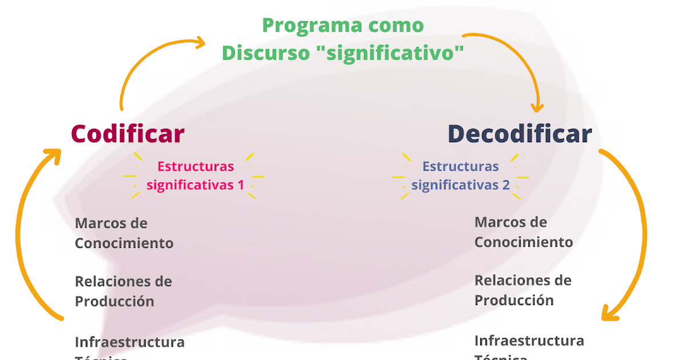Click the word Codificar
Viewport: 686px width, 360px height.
pos(127,134)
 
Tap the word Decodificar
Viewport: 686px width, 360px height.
pos(519,134)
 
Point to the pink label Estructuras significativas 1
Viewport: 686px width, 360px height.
pos(196,175)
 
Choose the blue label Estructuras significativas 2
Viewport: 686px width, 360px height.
pos(460,175)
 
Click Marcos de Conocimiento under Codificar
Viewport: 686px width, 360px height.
pos(124,233)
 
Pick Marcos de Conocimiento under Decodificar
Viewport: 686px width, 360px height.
pos(524,231)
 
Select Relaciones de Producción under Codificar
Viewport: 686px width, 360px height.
pos(123,291)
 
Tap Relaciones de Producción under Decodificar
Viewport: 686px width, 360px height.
pos(523,290)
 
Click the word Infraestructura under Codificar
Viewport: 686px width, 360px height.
pos(130,342)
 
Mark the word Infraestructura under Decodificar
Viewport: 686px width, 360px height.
pos(529,341)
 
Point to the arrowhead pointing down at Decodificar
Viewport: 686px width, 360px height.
pos(537,106)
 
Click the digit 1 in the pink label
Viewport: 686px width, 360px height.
pos(241,185)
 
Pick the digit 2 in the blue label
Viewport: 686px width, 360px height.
pos(506,185)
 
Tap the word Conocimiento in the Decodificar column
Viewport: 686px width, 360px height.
pos(524,242)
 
